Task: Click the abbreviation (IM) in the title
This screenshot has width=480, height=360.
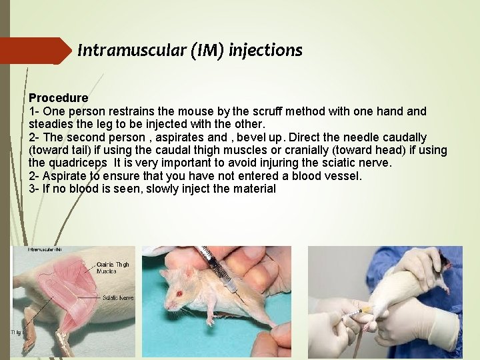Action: pos(207,50)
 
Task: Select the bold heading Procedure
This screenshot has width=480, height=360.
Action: pos(58,97)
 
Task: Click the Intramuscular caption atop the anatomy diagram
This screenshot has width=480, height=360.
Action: pos(45,250)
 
